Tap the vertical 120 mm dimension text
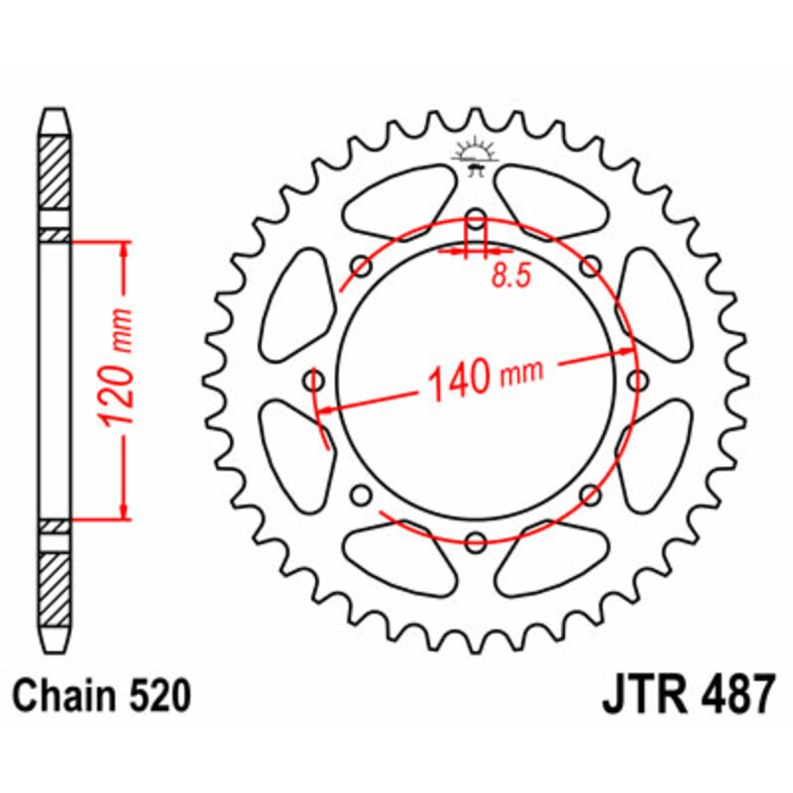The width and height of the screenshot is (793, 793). pos(118,380)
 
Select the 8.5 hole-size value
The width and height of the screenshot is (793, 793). pos(510,277)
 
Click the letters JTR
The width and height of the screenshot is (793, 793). pos(638,698)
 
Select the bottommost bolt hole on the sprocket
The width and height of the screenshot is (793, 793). pos(476,540)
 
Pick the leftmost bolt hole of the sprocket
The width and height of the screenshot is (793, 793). pos(316,381)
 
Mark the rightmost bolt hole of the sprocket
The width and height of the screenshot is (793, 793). pos(636,381)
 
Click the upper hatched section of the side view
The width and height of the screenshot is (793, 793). pos(55,170)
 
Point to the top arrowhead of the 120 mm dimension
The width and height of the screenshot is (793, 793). pos(124,248)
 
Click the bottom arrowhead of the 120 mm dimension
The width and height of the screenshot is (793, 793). pos(124,510)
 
